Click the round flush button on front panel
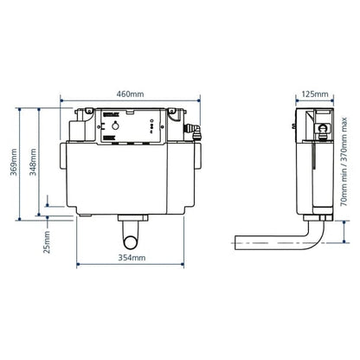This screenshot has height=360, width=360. click(x=133, y=127)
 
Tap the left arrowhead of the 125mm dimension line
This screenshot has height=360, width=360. click(x=297, y=102)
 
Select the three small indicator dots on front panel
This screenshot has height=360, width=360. click(x=151, y=127)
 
